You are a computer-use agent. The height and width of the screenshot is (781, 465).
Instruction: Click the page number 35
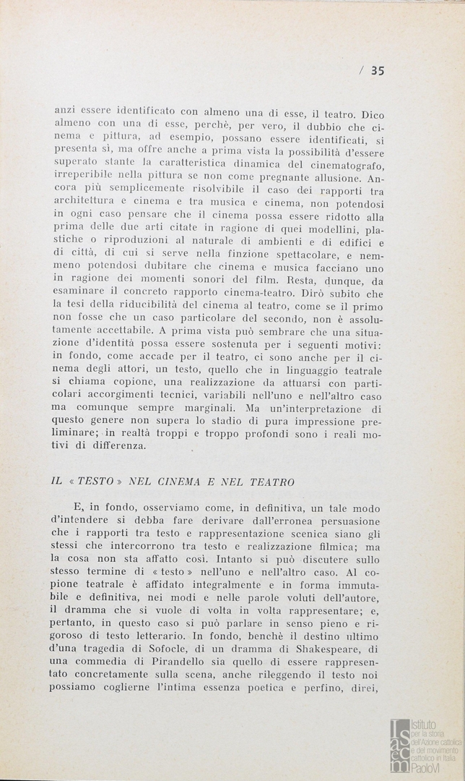click(378, 70)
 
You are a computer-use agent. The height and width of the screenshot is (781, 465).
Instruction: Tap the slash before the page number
click(360, 70)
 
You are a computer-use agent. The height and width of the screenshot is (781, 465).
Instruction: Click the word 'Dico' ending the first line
click(373, 114)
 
